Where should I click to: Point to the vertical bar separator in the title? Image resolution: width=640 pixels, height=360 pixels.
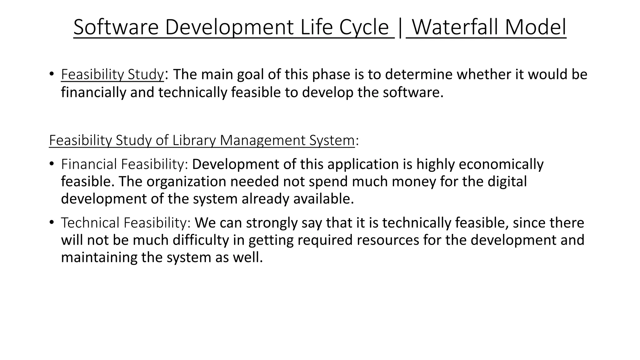coord(400,27)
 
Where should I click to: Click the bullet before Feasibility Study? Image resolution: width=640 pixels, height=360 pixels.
coord(52,74)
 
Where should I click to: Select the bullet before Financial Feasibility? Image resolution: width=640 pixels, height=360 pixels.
coord(52,164)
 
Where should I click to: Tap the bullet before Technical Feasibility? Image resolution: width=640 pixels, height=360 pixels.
coord(52,222)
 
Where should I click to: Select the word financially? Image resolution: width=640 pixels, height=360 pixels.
coord(93,92)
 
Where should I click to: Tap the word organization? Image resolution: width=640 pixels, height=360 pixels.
coord(186,182)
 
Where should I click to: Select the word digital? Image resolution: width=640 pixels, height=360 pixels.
coord(507,182)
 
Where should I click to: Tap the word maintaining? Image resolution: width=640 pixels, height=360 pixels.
coord(99,257)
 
